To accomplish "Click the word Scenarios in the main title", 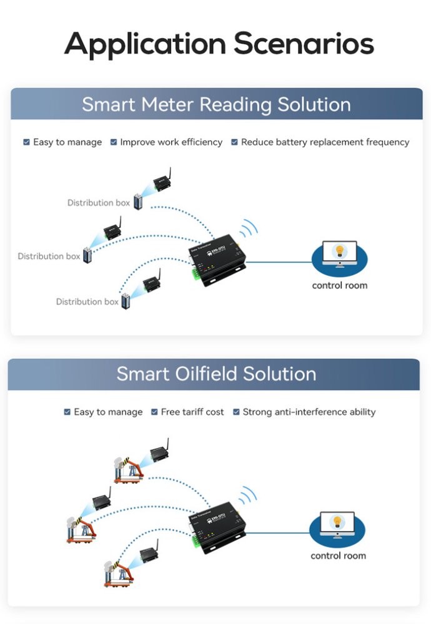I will click(304, 44).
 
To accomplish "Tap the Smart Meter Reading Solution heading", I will click(216, 104).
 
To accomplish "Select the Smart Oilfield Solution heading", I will click(216, 374).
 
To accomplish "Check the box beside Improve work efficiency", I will click(114, 142).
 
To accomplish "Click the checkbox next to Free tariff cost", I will click(154, 412).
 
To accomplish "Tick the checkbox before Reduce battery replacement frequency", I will click(234, 142).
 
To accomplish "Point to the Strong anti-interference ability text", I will click(309, 412).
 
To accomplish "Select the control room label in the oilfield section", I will click(338, 555).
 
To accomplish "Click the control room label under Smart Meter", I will click(339, 285).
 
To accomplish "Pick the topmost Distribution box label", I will click(99, 203).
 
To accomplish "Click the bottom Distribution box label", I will click(87, 301).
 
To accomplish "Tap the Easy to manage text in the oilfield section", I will click(108, 412).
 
